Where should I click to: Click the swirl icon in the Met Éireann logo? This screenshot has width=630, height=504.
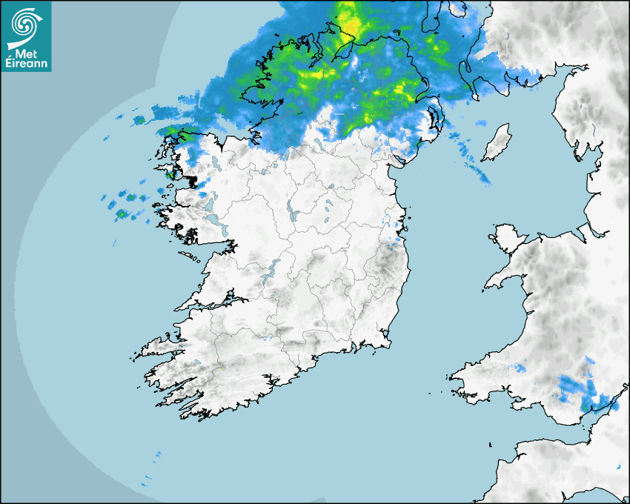(24, 23)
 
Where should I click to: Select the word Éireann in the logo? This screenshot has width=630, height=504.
(26, 64)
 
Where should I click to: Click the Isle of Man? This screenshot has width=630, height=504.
(496, 142)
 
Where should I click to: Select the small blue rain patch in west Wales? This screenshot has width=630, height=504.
(520, 367)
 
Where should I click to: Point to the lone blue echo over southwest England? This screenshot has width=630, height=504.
(619, 466)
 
